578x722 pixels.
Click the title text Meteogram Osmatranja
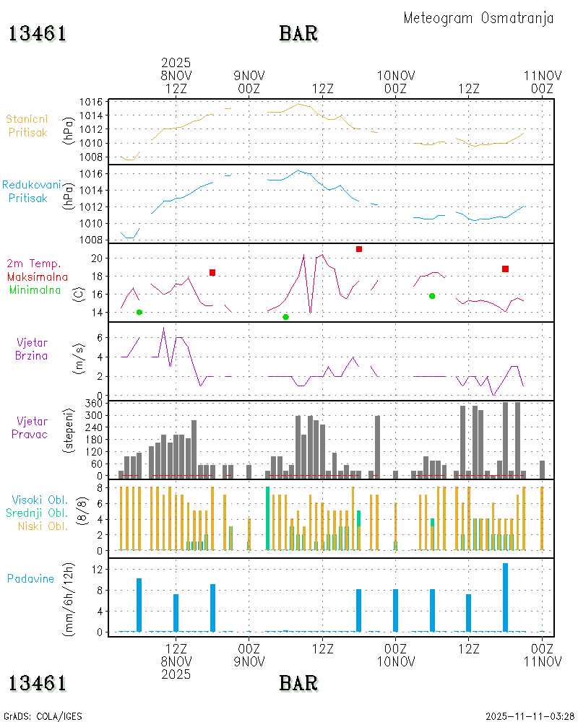(478, 18)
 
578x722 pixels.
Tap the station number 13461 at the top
(38, 34)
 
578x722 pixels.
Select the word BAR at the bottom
(298, 682)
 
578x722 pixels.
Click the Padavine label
(30, 578)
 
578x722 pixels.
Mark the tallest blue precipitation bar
(506, 597)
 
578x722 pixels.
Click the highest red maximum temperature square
(359, 249)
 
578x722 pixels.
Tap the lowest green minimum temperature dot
(285, 317)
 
